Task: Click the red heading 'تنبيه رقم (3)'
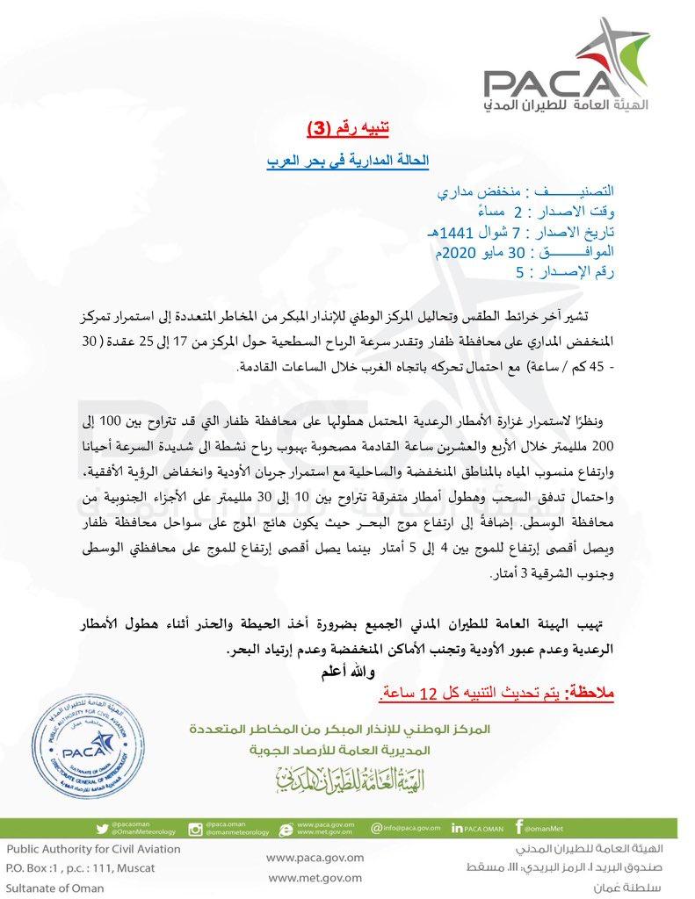[x=347, y=129]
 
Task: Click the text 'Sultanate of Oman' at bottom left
[x=54, y=888]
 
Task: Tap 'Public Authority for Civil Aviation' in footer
[x=93, y=849]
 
